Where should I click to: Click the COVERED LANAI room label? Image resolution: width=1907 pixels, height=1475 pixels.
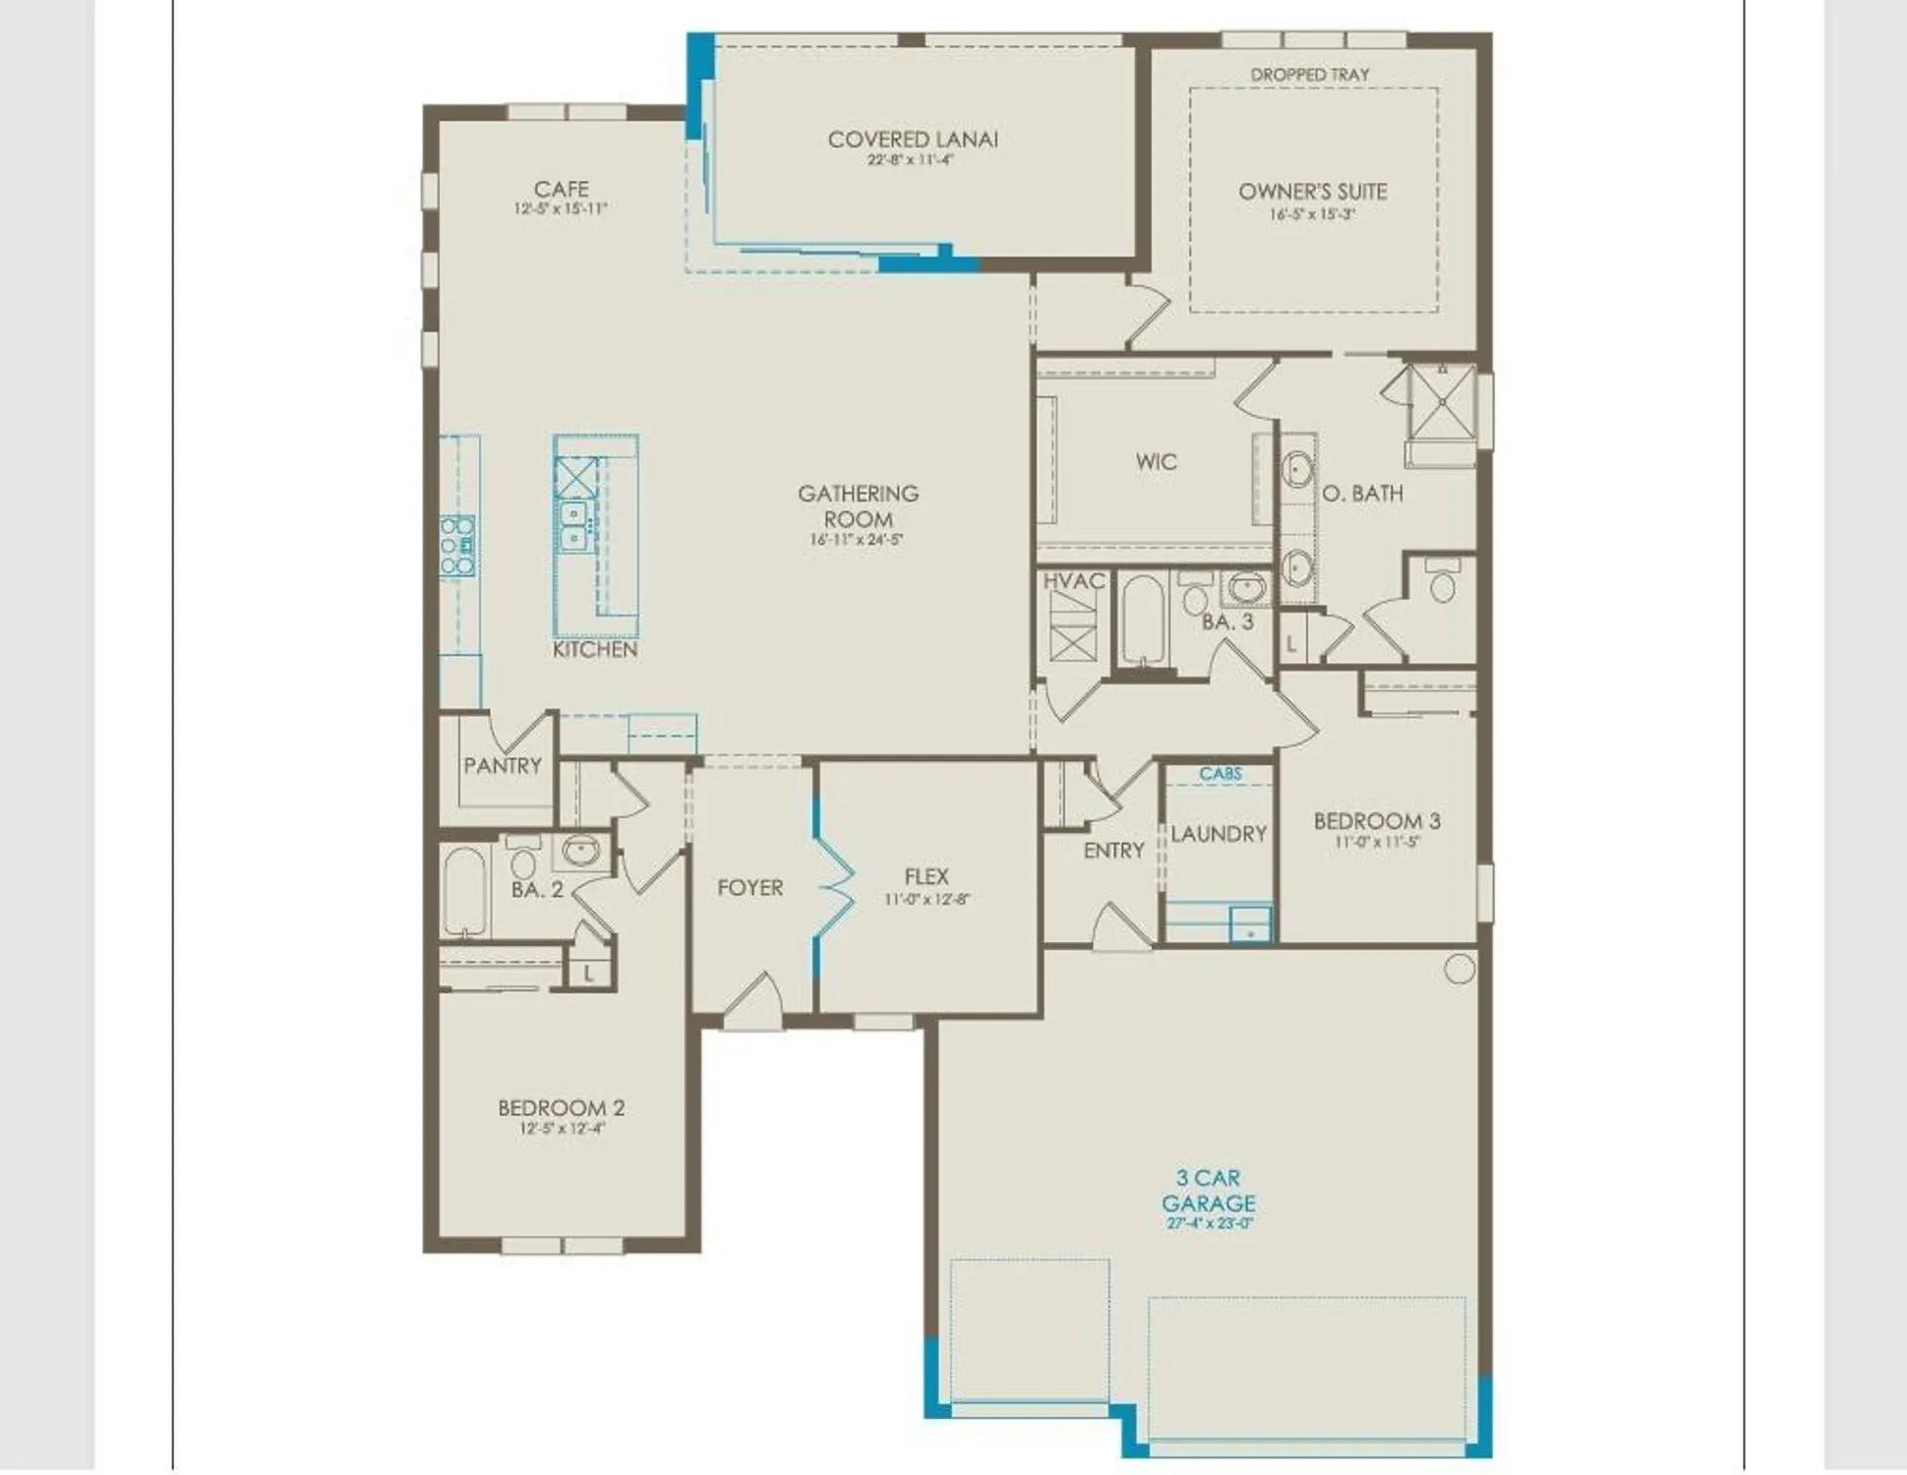click(x=913, y=140)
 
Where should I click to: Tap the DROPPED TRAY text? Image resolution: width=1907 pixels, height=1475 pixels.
click(x=1309, y=75)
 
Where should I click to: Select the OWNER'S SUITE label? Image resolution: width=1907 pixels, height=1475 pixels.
click(x=1312, y=192)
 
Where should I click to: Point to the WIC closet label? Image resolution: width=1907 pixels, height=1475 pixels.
click(x=1156, y=461)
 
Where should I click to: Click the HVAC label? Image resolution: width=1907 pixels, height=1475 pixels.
click(x=1073, y=581)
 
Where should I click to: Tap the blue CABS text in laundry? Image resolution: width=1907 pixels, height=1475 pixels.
click(x=1220, y=774)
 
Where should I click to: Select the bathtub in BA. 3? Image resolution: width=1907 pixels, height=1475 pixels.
click(x=1142, y=619)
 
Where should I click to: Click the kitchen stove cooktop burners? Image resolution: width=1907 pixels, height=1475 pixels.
click(x=457, y=546)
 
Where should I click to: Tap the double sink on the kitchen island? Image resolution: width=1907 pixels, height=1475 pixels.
click(x=573, y=526)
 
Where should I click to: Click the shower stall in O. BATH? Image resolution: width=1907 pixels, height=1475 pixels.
click(x=1442, y=401)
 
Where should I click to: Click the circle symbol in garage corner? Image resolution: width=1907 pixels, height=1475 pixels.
click(x=1460, y=969)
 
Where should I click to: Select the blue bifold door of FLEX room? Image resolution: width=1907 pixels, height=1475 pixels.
click(x=832, y=885)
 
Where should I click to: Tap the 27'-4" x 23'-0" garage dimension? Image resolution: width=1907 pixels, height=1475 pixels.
click(x=1209, y=1223)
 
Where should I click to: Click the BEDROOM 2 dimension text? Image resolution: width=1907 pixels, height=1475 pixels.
click(x=562, y=1129)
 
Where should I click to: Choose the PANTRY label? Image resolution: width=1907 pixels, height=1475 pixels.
click(x=503, y=765)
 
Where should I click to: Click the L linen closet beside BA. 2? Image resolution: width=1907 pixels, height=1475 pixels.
click(x=588, y=973)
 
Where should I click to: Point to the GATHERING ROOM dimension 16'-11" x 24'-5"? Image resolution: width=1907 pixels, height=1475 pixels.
click(x=857, y=540)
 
